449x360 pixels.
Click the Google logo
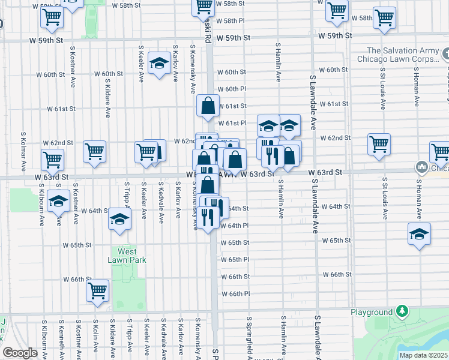click(19, 353)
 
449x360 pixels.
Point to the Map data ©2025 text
click(423, 355)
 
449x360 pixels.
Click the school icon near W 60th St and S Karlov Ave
click(159, 65)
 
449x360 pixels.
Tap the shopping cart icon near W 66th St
click(98, 292)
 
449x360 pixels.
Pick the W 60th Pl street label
click(232, 89)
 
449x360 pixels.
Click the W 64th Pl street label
click(234, 226)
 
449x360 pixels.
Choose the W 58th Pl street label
click(231, 20)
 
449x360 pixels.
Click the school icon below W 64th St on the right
click(419, 235)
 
